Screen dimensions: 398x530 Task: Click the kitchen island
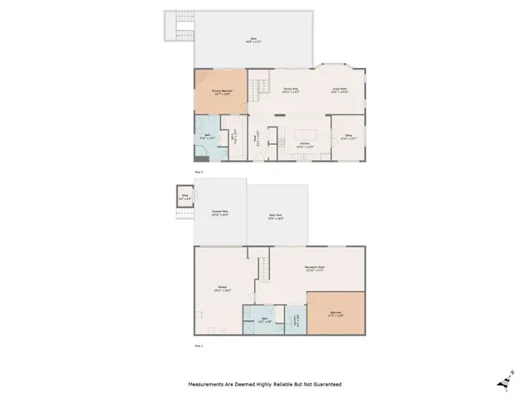[x=306, y=134]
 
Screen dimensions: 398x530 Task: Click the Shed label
[x=185, y=197]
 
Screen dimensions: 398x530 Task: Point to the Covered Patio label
[x=220, y=213]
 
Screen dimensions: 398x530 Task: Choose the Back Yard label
[x=277, y=218]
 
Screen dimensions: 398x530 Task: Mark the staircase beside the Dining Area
[x=261, y=84]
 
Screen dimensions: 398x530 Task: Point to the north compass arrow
[x=504, y=378]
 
